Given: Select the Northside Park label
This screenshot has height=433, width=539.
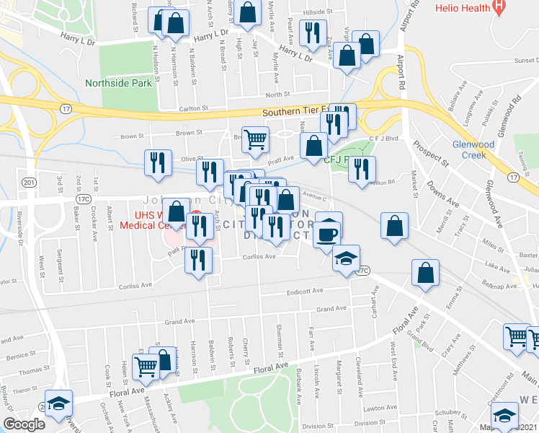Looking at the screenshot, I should pyautogui.click(x=118, y=83).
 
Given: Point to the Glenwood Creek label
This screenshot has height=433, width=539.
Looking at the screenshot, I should pyautogui.click(x=472, y=149).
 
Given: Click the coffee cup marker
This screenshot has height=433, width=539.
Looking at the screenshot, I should pyautogui.click(x=328, y=232).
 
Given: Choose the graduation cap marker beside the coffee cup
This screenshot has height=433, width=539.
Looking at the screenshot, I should pyautogui.click(x=346, y=258).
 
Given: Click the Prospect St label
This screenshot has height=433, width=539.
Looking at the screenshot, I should pyautogui.click(x=431, y=153).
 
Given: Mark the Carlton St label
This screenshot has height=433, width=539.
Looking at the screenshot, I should pyautogui.click(x=193, y=108).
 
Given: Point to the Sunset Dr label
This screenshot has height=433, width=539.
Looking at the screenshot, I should pyautogui.click(x=524, y=61).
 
